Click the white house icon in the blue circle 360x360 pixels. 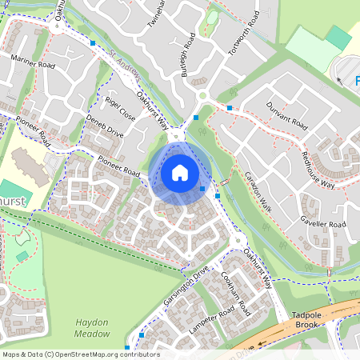(x=180, y=173)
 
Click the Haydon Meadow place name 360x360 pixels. (x=91, y=327)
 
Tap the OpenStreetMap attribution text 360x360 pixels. (x=80, y=354)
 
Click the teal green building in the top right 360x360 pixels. (x=338, y=37)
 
